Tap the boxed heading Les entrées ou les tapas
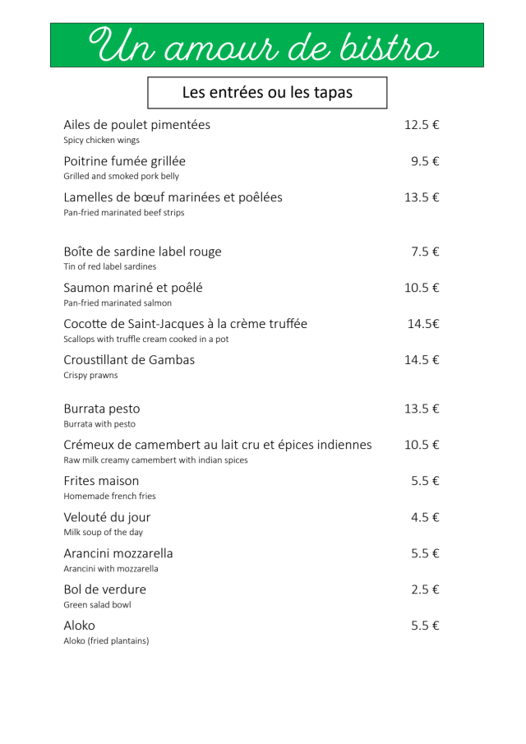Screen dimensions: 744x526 tap(267, 93)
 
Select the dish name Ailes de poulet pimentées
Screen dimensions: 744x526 tap(136, 125)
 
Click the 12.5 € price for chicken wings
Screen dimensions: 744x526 tap(422, 125)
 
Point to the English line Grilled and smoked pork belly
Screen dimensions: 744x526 tap(121, 176)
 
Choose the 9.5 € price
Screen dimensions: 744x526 tap(425, 161)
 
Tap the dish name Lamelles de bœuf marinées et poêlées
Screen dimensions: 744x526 tap(173, 197)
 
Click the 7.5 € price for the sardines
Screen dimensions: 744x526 tap(425, 252)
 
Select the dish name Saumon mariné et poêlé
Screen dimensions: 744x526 tap(133, 288)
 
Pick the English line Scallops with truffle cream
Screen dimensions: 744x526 tap(146, 339)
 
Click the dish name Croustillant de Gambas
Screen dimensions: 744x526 tap(129, 360)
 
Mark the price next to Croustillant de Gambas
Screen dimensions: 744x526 tap(422, 360)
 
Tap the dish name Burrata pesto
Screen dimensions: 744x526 tap(102, 409)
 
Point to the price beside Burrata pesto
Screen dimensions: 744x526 tap(422, 409)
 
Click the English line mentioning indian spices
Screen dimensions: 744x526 tap(155, 460)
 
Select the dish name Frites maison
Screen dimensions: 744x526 tap(101, 481)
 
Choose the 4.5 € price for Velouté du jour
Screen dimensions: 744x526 tap(425, 517)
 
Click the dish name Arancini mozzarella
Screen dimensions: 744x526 tap(118, 553)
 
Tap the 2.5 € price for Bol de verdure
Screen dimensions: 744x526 tap(425, 589)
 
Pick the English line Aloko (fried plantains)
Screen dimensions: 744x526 tap(106, 641)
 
